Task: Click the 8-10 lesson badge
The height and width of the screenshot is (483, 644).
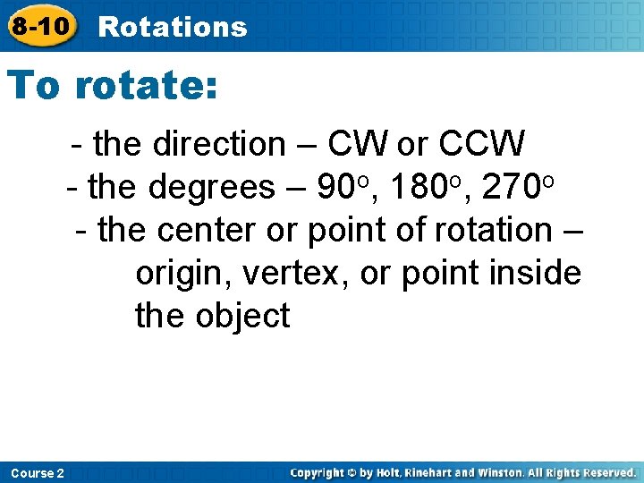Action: coord(40,25)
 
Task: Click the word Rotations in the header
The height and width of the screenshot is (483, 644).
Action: coord(172,27)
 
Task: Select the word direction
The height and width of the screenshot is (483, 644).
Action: coord(218,143)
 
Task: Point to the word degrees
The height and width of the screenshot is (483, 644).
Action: coord(212,187)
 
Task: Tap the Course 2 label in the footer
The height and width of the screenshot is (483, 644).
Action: coord(37,472)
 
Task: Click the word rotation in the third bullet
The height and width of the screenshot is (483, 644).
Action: coord(493,231)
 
